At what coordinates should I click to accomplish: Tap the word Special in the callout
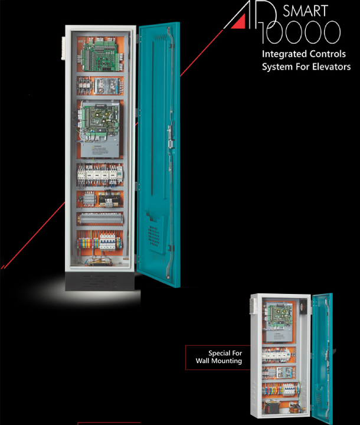coord(221,353)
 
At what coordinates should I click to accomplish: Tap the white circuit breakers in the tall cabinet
coord(94,174)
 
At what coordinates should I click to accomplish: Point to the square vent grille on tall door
coord(153,233)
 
